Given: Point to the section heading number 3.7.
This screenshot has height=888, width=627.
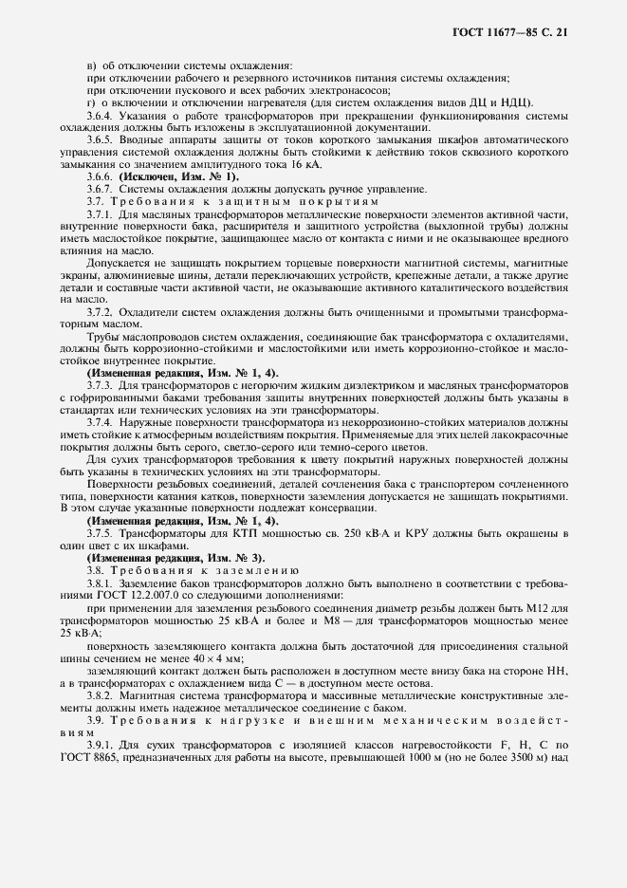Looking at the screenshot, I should tap(95, 202).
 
